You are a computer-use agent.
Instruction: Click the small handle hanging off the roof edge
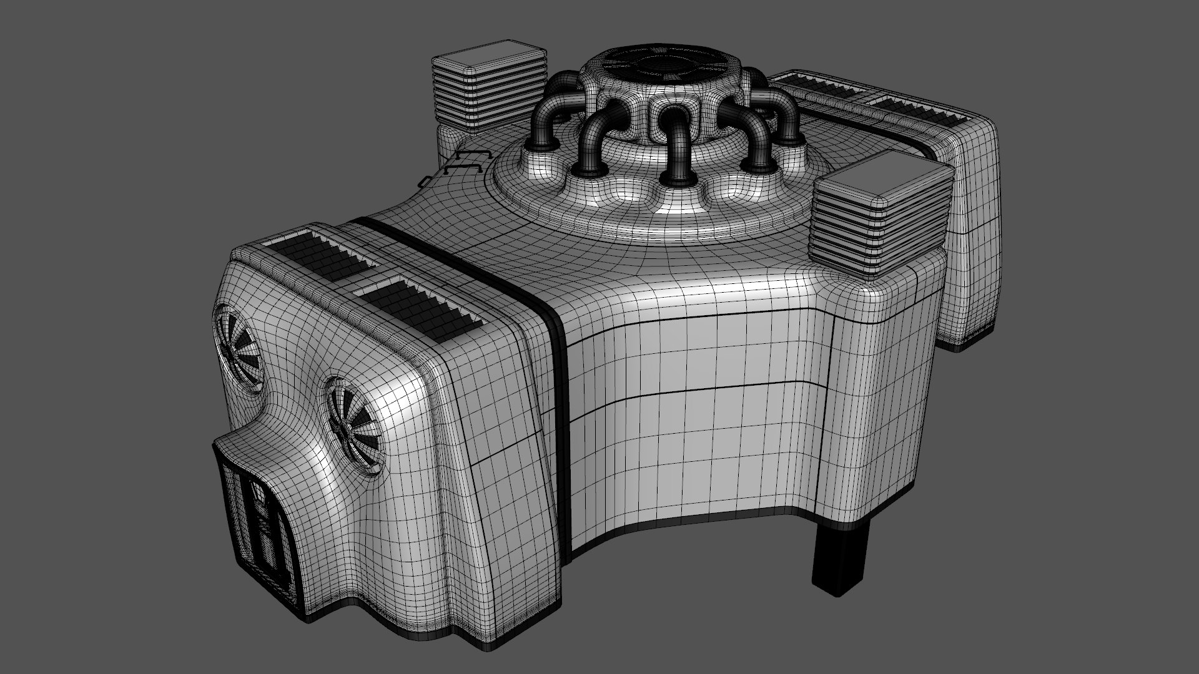[424, 181]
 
